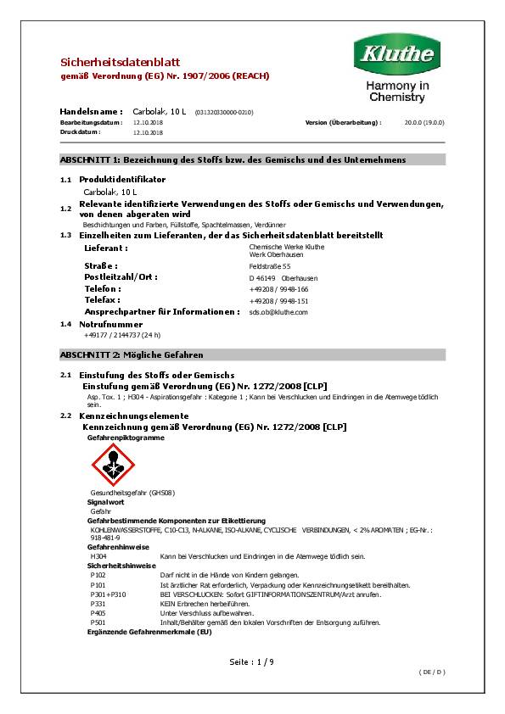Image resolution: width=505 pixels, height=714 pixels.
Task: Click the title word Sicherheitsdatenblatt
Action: tap(108, 62)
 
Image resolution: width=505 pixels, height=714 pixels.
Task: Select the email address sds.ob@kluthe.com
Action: tap(278, 312)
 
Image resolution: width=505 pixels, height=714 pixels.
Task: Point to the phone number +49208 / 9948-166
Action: tap(278, 289)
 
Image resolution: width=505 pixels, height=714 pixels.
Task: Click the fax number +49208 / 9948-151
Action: tap(278, 301)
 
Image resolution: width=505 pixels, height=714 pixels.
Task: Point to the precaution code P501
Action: tap(98, 622)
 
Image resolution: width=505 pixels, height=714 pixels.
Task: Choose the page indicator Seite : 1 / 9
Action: tap(252, 661)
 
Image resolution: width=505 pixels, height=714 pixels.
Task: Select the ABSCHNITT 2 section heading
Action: tap(132, 354)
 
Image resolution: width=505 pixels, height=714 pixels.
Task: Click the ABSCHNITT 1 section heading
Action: tap(233, 160)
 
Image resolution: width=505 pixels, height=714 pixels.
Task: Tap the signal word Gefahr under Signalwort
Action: tap(100, 511)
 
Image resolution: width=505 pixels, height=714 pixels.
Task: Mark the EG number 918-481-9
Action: tap(105, 538)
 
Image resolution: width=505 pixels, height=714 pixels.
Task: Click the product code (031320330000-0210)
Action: tap(224, 113)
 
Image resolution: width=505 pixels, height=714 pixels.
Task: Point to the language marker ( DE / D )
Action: tap(432, 672)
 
